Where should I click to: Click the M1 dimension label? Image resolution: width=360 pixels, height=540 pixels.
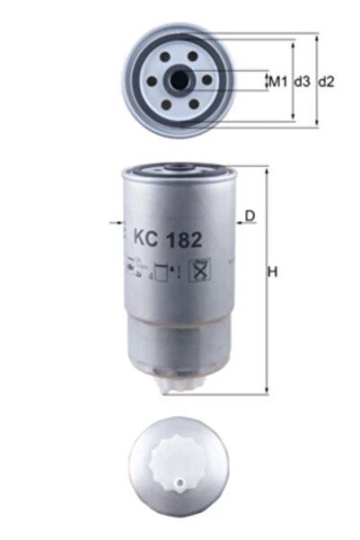[277, 82]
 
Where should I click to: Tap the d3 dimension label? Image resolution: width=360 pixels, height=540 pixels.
[302, 82]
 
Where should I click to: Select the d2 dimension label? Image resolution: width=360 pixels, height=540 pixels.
[327, 82]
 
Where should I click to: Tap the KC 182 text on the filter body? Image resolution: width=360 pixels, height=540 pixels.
[167, 240]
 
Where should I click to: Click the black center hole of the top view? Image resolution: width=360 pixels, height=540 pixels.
[181, 80]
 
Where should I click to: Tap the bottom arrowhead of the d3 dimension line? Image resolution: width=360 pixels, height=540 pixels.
[294, 118]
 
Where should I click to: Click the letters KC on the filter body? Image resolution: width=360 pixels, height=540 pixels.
[145, 240]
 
